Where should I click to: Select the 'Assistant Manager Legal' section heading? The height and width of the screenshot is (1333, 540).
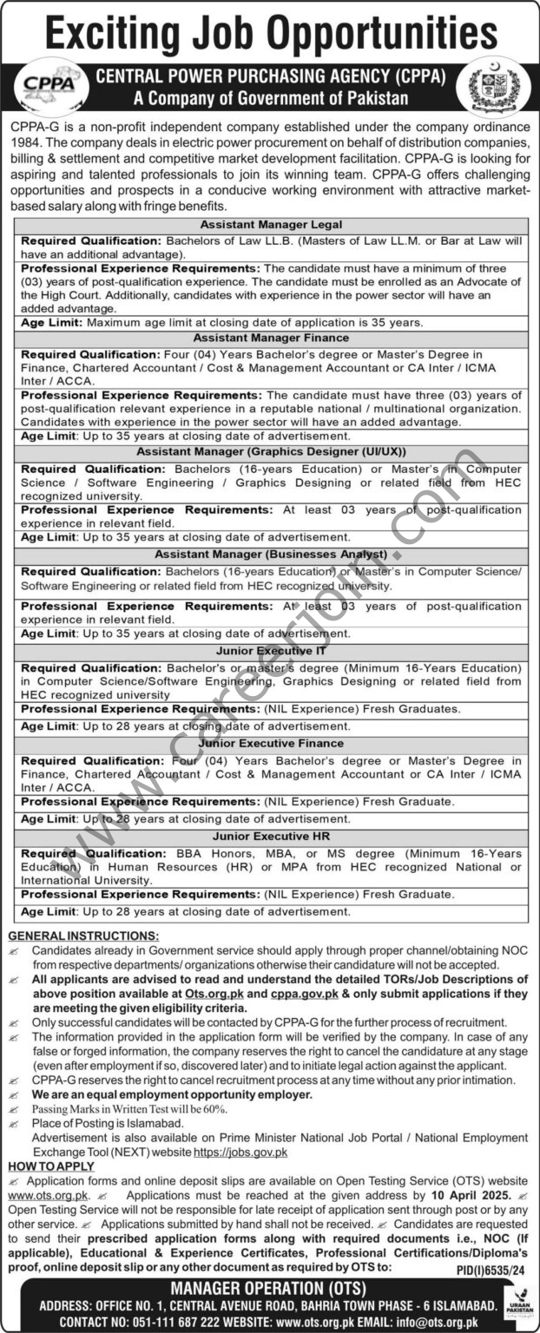270,223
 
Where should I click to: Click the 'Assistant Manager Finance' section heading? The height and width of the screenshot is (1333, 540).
270,337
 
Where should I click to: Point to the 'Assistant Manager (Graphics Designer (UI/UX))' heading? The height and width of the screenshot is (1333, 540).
270,451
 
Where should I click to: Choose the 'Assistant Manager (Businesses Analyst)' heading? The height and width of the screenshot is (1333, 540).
270,553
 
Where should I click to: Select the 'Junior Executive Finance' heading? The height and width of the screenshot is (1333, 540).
270,743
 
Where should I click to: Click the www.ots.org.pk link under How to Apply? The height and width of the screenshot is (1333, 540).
39,1194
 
